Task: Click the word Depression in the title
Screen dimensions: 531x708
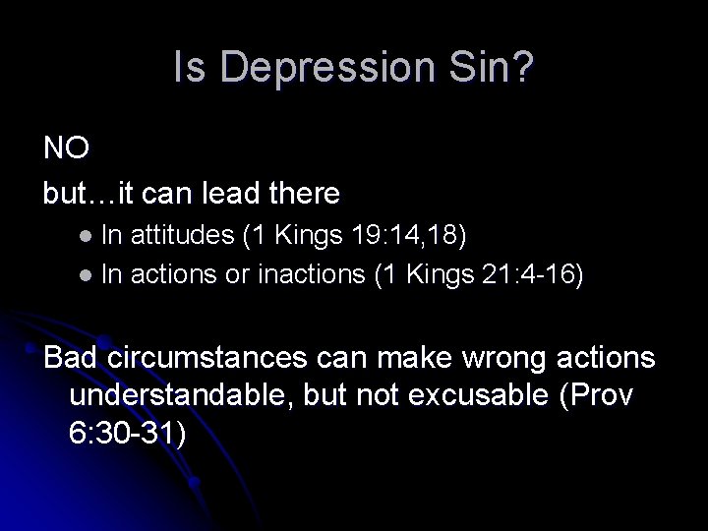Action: pyautogui.click(x=323, y=69)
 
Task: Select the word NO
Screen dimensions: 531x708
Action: pyautogui.click(x=67, y=148)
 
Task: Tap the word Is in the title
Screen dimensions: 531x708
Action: pyautogui.click(x=186, y=69)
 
